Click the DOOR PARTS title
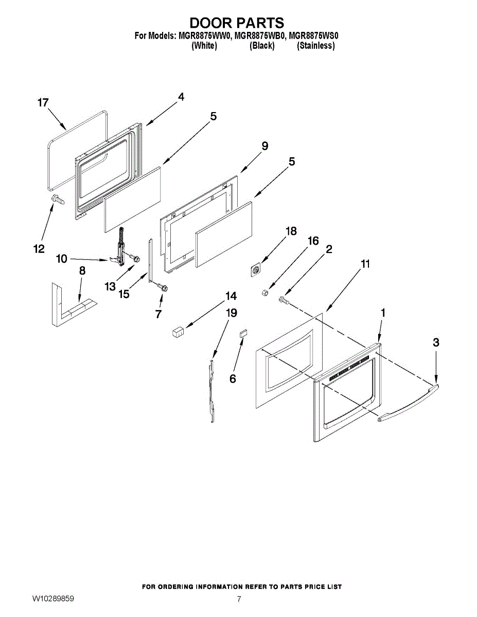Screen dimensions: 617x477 point(237,23)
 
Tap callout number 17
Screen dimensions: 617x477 point(43,103)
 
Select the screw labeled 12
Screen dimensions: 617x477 point(57,199)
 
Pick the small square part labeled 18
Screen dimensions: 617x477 point(255,269)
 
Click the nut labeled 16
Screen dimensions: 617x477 point(264,293)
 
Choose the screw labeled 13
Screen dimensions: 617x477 point(135,258)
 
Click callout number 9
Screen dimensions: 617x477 point(264,146)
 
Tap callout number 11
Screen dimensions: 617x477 point(365,264)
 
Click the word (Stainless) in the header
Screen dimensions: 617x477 point(315,46)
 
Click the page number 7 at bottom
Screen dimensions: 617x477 point(239,599)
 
